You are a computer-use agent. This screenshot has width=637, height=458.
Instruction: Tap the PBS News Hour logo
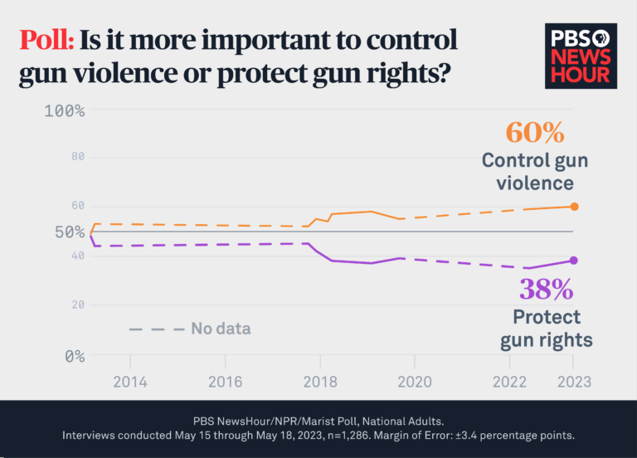pyautogui.click(x=581, y=55)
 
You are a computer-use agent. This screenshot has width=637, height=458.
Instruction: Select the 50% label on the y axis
pyautogui.click(x=70, y=232)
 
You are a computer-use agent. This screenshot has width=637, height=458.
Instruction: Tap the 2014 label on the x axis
pyautogui.click(x=129, y=382)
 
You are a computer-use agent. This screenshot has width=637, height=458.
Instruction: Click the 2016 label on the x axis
pyautogui.click(x=225, y=382)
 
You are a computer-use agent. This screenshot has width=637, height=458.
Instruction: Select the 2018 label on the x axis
pyautogui.click(x=319, y=382)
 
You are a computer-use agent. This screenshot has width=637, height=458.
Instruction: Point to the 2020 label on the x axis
pyautogui.click(x=415, y=382)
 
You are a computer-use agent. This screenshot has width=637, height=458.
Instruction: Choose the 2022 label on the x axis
pyautogui.click(x=510, y=382)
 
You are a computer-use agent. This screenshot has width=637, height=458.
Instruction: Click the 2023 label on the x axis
pyautogui.click(x=573, y=382)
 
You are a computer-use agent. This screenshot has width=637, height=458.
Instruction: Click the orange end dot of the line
pyautogui.click(x=574, y=207)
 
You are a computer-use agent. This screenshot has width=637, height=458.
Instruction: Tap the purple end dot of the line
pyautogui.click(x=574, y=261)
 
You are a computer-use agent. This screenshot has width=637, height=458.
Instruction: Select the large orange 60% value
pyautogui.click(x=535, y=132)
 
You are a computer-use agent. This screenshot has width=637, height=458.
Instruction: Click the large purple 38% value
pyautogui.click(x=546, y=289)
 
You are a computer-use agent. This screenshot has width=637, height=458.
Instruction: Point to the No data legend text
pyautogui.click(x=221, y=329)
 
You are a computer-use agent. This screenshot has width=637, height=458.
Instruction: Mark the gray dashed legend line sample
pyautogui.click(x=156, y=329)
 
